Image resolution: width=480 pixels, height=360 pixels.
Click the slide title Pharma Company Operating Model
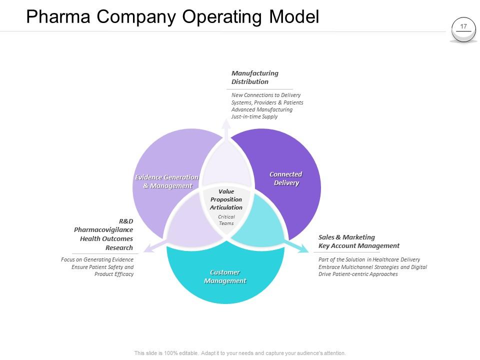tap(172, 16)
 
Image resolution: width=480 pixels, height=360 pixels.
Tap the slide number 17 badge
tap(463, 27)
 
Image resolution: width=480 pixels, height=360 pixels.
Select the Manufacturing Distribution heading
tap(254, 77)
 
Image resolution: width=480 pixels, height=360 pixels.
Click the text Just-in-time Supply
tap(254, 116)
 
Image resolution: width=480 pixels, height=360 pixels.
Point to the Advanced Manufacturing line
tap(261, 109)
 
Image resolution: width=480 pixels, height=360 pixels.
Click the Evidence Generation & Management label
tap(167, 181)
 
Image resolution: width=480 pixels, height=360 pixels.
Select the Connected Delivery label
tap(286, 178)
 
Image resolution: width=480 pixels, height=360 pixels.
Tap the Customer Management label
tap(225, 276)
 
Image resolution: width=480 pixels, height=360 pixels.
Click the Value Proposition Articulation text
tap(226, 199)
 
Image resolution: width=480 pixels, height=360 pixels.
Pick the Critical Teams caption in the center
tap(226, 220)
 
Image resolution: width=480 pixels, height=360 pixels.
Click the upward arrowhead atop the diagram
tap(226, 123)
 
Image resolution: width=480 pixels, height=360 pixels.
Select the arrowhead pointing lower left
tap(148, 248)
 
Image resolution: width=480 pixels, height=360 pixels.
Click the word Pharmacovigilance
tap(103, 229)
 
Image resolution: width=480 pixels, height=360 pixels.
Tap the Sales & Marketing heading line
tap(346, 237)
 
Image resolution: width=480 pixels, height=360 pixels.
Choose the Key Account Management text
tap(358, 245)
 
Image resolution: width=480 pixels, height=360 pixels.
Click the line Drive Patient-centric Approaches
tap(358, 274)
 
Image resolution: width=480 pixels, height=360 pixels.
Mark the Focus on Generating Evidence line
tap(97, 259)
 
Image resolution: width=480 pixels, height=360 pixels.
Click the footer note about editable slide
tap(240, 353)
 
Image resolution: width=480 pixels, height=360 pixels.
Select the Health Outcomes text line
tap(106, 238)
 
